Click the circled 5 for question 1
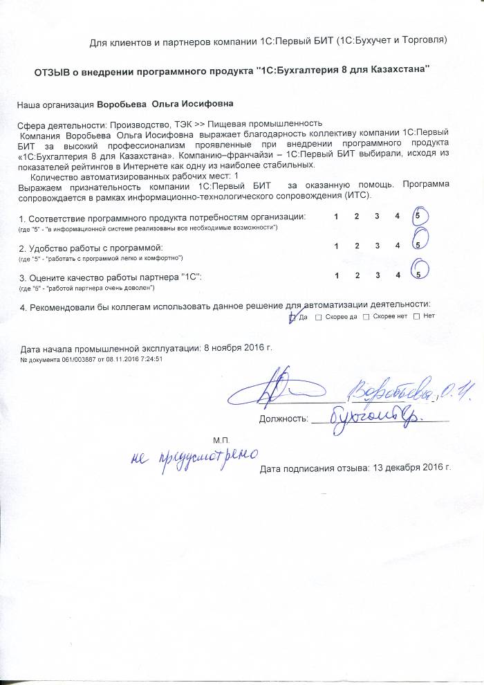(419, 217)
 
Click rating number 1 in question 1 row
(336, 217)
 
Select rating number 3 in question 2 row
(377, 246)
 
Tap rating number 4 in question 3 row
(398, 275)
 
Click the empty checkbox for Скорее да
(318, 317)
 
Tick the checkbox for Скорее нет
(366, 317)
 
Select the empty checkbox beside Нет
(416, 317)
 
